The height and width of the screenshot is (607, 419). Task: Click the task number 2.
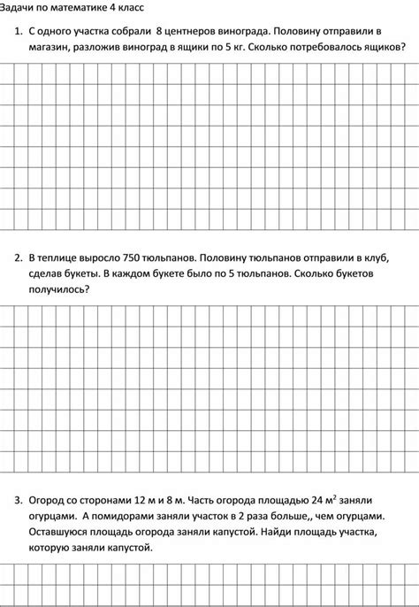click(x=17, y=257)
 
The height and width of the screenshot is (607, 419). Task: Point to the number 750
click(x=135, y=257)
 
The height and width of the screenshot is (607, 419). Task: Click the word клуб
click(x=375, y=257)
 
